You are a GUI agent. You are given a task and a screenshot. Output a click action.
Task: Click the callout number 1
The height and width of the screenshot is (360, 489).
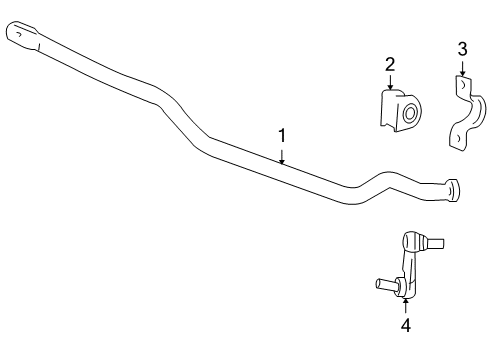tap(282, 134)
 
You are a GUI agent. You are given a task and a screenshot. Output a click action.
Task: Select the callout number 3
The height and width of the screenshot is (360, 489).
tap(462, 47)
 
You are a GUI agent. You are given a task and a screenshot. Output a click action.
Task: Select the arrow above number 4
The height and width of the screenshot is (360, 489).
tap(405, 303)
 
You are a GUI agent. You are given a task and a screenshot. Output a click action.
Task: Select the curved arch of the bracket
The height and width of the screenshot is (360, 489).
tap(474, 113)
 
